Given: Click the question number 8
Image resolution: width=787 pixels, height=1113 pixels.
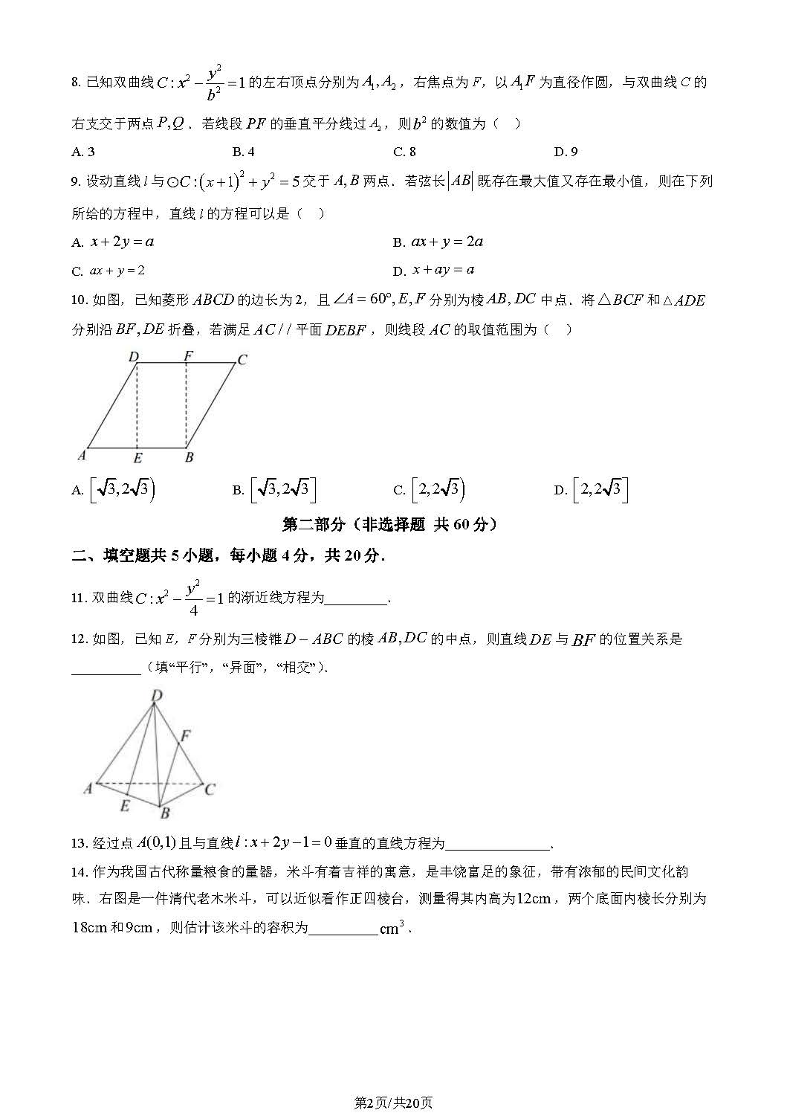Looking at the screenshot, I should pyautogui.click(x=76, y=83).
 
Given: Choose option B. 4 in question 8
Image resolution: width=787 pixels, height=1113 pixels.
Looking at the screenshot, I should pyautogui.click(x=243, y=152).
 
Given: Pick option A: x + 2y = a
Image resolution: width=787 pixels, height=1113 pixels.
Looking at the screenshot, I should pyautogui.click(x=113, y=242).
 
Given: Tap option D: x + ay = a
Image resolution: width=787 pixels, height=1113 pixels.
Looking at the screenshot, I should pyautogui.click(x=434, y=270).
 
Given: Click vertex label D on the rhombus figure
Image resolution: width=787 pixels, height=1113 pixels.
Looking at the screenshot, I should pyautogui.click(x=134, y=357).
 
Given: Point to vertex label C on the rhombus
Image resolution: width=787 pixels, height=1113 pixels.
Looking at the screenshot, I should pyautogui.click(x=242, y=360).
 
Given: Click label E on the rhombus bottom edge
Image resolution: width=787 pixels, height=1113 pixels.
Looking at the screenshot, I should pyautogui.click(x=137, y=458).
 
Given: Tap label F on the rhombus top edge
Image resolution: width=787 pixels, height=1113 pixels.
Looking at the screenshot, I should pyautogui.click(x=188, y=356).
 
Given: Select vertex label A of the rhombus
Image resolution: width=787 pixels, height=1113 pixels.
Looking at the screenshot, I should pyautogui.click(x=82, y=455).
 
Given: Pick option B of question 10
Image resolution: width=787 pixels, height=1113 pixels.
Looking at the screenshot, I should pyautogui.click(x=274, y=489).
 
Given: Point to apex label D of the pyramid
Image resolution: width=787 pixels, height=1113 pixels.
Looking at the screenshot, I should pyautogui.click(x=157, y=695).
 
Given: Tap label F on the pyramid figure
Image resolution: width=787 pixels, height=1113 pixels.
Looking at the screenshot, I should pyautogui.click(x=186, y=735).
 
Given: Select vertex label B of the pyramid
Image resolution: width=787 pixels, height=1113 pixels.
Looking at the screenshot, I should pyautogui.click(x=166, y=813).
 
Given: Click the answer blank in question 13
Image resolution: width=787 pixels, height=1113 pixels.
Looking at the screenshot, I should pyautogui.click(x=497, y=845).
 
